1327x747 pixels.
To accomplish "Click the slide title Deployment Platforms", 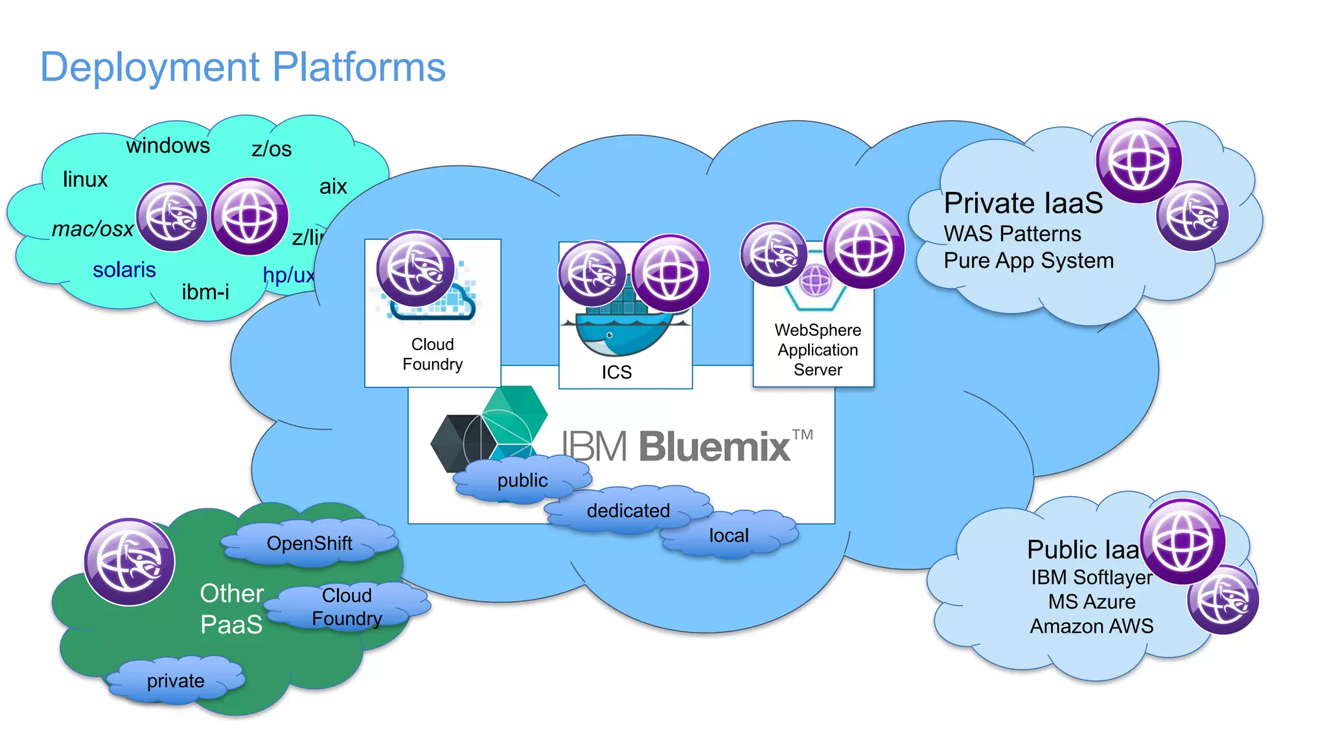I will [x=243, y=67].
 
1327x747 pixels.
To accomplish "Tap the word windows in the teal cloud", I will [x=168, y=145].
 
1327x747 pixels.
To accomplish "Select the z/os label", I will [x=271, y=149].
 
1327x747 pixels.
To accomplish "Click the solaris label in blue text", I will [x=124, y=270].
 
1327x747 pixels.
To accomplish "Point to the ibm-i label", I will [x=205, y=292].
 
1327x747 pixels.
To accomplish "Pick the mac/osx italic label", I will [x=93, y=229].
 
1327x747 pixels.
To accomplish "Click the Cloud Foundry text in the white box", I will [x=432, y=354].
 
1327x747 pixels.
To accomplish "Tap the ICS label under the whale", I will [x=616, y=372].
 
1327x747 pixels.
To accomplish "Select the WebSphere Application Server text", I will [x=818, y=350].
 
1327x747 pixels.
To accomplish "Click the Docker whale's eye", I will [x=609, y=335].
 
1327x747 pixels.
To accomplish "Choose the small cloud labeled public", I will [x=522, y=480].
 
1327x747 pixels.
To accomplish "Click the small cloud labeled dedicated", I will [x=628, y=511].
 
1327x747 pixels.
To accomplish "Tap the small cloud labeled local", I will [x=728, y=536].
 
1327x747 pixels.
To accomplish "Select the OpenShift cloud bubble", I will [x=309, y=543].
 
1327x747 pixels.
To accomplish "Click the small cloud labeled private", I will [x=176, y=681].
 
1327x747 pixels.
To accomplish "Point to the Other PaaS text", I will [x=231, y=609].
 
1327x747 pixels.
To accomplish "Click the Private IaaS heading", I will [x=1023, y=203].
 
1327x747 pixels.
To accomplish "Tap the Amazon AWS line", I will [x=1091, y=626].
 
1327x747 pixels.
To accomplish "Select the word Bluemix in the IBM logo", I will [x=715, y=447].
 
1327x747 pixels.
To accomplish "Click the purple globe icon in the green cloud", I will [x=130, y=562].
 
